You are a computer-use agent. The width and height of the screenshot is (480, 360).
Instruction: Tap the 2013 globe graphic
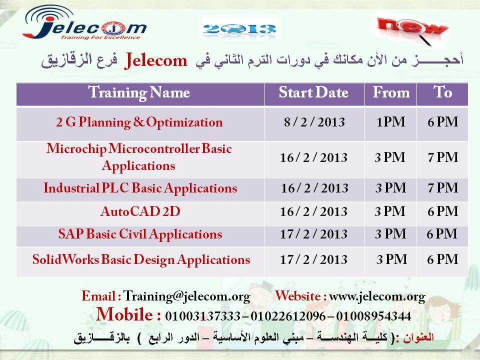click(240, 28)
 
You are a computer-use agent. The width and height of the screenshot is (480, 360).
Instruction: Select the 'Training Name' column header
click(139, 93)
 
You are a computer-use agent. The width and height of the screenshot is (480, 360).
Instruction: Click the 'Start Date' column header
click(313, 93)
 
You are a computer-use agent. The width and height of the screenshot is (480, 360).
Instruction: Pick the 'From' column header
click(390, 93)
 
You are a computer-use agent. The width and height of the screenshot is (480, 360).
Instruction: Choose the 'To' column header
click(442, 93)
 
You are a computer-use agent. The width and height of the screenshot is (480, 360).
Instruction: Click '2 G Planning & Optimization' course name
click(139, 122)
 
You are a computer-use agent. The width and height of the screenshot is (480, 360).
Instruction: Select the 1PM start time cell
click(390, 122)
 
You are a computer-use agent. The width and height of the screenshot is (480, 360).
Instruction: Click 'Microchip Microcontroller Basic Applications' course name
click(139, 157)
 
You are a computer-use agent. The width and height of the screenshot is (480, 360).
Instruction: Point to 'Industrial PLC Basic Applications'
click(140, 188)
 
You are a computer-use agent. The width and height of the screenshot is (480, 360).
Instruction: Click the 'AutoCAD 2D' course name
click(140, 212)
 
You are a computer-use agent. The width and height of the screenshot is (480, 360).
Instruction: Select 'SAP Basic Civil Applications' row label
click(140, 234)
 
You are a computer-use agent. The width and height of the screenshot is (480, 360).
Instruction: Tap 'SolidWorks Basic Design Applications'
click(140, 260)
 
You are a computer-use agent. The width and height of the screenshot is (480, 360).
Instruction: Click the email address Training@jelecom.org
click(186, 296)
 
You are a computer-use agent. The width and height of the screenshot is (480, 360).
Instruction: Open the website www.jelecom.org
click(377, 296)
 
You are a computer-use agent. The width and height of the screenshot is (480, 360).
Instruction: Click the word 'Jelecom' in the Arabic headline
click(156, 61)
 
